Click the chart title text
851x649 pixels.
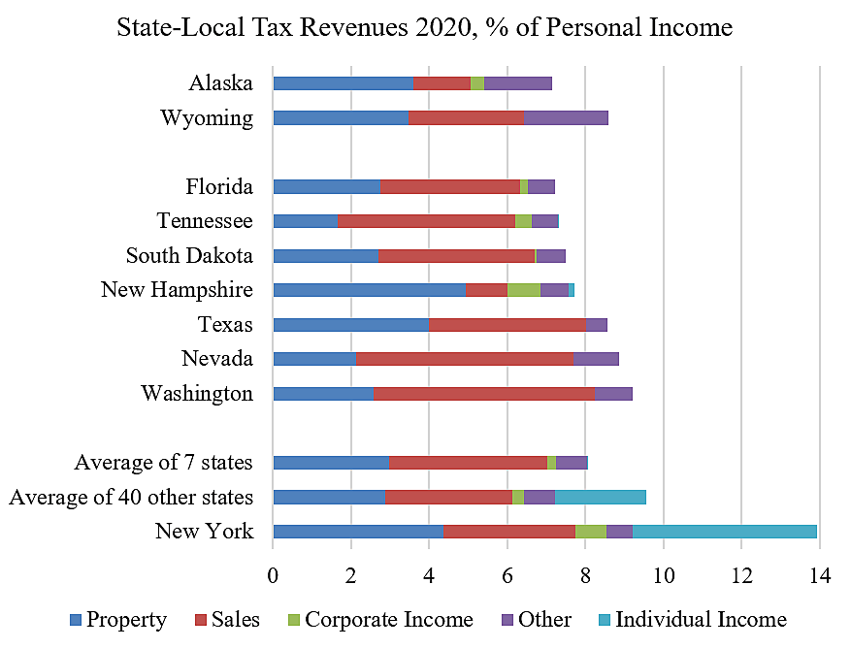tap(424, 28)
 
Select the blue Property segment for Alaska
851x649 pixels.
tap(343, 83)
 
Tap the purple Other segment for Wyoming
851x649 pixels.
tap(566, 118)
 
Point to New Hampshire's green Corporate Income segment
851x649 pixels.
tap(524, 290)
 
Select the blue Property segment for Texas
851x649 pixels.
tap(350, 324)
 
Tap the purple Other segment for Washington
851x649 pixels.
tap(613, 394)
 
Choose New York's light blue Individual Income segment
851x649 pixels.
tap(724, 531)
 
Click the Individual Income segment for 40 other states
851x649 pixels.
tap(600, 497)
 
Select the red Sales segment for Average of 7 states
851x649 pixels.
tap(468, 463)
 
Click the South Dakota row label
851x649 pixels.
tap(189, 256)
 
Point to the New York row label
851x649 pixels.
tap(204, 532)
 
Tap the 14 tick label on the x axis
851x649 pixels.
tap(819, 576)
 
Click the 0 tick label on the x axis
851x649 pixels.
tap(273, 576)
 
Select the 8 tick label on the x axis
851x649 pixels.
tap(585, 576)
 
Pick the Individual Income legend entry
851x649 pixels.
tap(691, 620)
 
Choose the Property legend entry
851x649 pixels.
tap(117, 620)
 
